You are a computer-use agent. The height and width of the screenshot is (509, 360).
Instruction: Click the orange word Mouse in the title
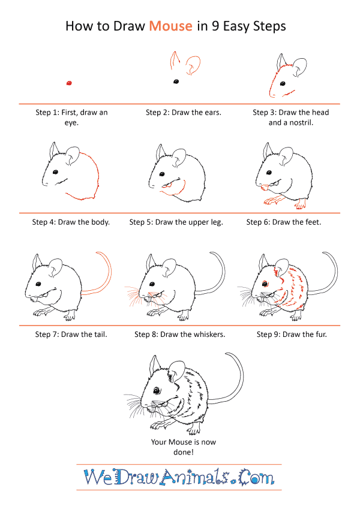coord(170,26)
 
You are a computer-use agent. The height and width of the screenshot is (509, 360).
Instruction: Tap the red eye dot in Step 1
coord(69,83)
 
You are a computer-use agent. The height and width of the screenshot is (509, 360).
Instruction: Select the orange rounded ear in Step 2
coord(193,65)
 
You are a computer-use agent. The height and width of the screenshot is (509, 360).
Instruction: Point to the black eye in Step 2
coord(176,82)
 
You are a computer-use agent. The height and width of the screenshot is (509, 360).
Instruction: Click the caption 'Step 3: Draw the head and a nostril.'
coord(291,118)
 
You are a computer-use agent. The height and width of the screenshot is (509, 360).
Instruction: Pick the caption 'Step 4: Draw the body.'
coord(71,222)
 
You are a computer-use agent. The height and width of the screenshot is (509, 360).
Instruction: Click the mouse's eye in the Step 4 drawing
coord(56,171)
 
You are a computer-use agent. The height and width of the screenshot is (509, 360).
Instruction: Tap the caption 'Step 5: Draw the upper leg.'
coord(176,222)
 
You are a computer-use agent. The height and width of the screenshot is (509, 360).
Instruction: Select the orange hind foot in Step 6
coord(301,204)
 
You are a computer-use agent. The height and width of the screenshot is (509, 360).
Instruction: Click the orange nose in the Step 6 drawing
coord(265,187)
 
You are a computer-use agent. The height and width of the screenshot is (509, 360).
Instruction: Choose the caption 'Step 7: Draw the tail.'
coord(71,335)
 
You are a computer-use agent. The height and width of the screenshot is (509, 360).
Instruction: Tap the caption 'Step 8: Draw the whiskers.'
coord(179,335)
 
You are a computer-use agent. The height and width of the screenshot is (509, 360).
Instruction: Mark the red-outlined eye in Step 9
coord(265,284)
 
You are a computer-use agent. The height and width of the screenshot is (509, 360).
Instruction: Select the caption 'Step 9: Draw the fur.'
coord(292,335)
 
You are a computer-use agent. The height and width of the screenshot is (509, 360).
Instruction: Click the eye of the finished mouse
coord(157,390)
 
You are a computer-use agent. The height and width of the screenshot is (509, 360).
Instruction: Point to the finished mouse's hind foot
coord(193,430)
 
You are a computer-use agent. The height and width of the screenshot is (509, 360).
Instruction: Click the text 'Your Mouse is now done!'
coord(183,447)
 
